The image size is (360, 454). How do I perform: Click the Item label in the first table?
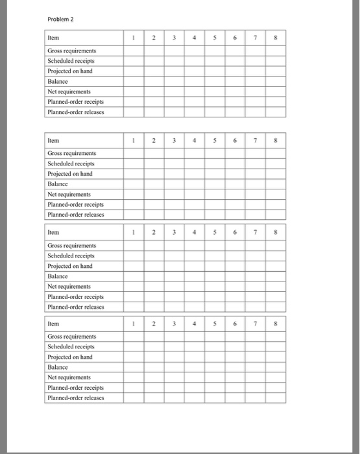tap(53, 38)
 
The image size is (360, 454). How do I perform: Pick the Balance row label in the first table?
tap(58, 81)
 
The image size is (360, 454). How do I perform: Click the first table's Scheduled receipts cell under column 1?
tap(134, 61)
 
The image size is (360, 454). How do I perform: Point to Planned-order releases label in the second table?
tap(75, 214)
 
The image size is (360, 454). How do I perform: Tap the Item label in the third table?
tap(53, 232)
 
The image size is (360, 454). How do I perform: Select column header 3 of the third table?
tap(174, 232)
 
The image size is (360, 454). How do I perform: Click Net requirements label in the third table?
tap(70, 286)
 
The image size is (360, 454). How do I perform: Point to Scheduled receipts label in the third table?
tap(71, 256)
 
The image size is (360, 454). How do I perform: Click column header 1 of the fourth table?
tap(134, 324)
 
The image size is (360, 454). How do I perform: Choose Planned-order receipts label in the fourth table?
tap(75, 387)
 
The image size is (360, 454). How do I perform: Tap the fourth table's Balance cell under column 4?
tap(194, 367)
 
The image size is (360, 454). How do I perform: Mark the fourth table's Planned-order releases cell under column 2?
tap(154, 398)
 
